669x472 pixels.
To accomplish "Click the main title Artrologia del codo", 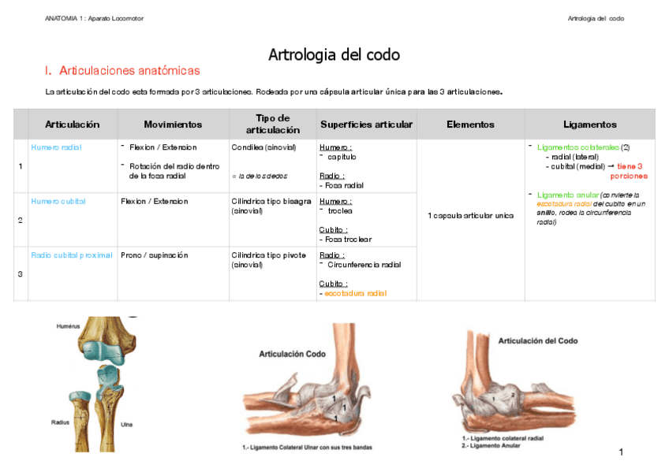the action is pyautogui.click(x=334, y=55).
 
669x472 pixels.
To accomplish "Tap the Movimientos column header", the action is pyautogui.click(x=173, y=125).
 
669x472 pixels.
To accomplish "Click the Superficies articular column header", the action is pyautogui.click(x=366, y=125).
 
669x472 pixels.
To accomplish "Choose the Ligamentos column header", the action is pyautogui.click(x=589, y=125).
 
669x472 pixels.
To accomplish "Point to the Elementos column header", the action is pyautogui.click(x=470, y=125).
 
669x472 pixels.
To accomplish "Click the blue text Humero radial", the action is pyautogui.click(x=56, y=147).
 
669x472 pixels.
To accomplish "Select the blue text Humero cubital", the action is pyautogui.click(x=58, y=201).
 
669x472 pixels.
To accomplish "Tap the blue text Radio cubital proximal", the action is pyautogui.click(x=72, y=255).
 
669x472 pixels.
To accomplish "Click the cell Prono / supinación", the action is pyautogui.click(x=155, y=255).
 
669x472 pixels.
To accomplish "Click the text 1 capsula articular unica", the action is pyautogui.click(x=470, y=215).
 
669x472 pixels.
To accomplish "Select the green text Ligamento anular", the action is pyautogui.click(x=567, y=195).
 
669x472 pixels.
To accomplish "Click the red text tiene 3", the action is pyautogui.click(x=630, y=166).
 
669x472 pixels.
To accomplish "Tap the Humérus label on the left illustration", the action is pyautogui.click(x=69, y=325).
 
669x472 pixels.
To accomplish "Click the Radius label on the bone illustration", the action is pyautogui.click(x=61, y=422).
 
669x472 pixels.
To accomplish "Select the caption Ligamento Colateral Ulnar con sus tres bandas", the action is pyautogui.click(x=307, y=448).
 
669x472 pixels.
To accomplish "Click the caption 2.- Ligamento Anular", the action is pyautogui.click(x=493, y=446).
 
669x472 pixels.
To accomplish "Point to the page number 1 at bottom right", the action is pyautogui.click(x=622, y=452).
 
